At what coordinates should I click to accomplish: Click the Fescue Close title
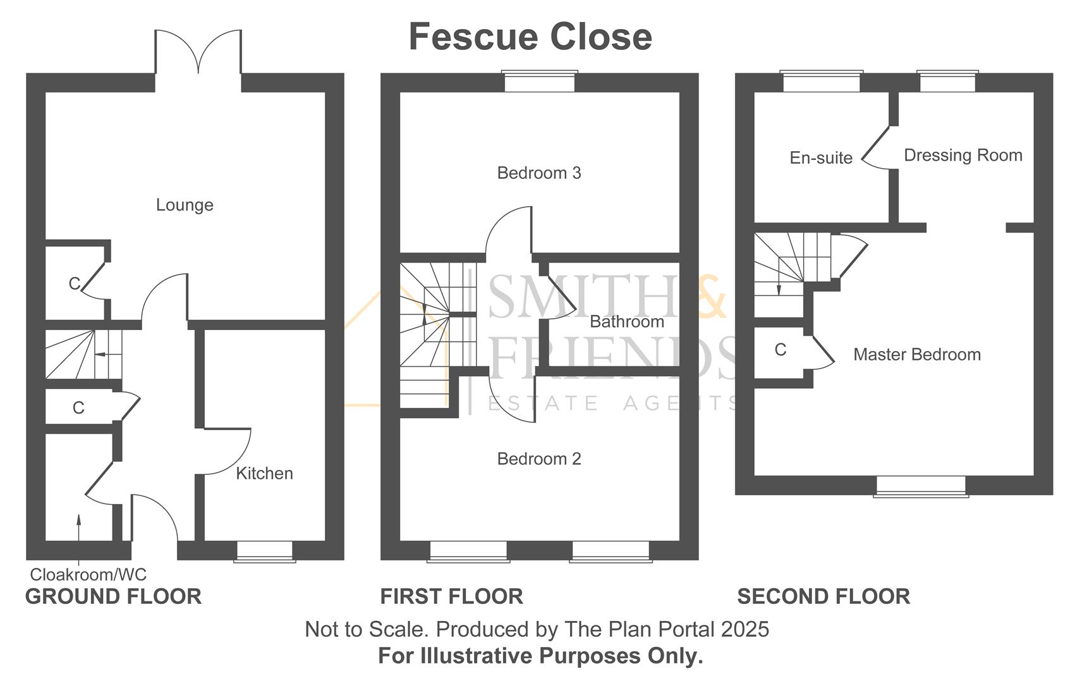click(530, 37)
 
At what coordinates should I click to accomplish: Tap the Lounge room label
click(185, 205)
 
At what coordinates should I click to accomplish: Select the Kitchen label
click(264, 473)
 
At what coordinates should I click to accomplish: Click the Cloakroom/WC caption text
click(88, 574)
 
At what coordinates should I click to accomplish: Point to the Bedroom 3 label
click(538, 173)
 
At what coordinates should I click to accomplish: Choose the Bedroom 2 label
click(538, 458)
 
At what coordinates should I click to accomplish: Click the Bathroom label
click(626, 321)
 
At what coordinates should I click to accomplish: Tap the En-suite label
click(820, 157)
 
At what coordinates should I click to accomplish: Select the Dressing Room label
click(963, 155)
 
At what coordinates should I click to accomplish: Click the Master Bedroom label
click(916, 354)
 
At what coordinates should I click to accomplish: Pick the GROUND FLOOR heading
click(113, 596)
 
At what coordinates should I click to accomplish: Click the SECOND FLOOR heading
click(823, 596)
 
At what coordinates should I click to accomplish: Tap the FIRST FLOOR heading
click(451, 596)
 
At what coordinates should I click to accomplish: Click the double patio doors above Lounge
click(198, 54)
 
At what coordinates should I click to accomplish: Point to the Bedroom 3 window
click(539, 82)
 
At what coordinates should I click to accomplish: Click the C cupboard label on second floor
click(780, 350)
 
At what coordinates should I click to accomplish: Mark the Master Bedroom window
click(921, 486)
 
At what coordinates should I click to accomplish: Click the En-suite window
click(821, 82)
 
